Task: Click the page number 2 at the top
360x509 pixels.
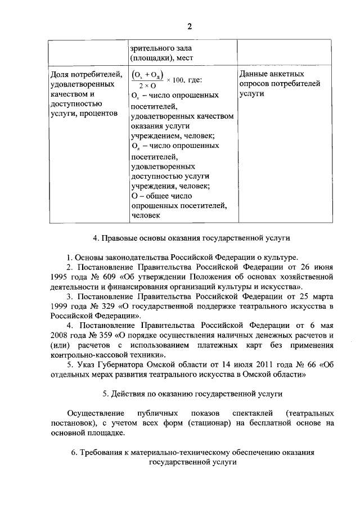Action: (x=190, y=26)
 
